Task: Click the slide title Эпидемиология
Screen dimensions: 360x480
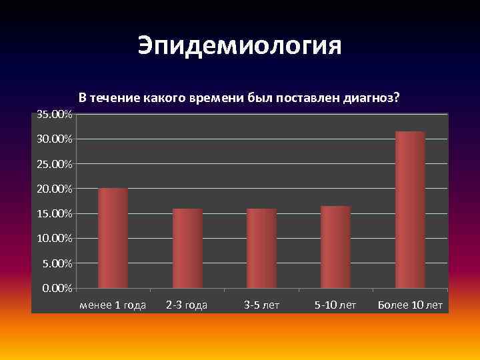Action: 240,45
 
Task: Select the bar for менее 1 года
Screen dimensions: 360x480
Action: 113,238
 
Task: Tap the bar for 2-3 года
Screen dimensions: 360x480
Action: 187,248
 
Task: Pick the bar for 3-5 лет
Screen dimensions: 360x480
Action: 261,248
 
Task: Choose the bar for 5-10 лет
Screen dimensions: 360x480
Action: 335,247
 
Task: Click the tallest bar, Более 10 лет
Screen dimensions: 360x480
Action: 410,209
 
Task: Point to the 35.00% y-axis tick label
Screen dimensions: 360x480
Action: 55,115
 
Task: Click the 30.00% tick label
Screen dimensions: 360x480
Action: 55,139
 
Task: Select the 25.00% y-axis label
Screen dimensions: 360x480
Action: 55,164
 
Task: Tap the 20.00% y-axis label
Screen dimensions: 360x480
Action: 55,189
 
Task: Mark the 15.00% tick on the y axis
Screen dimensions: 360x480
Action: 55,214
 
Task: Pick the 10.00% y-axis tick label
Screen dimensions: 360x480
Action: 55,239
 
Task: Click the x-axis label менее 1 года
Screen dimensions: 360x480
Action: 113,305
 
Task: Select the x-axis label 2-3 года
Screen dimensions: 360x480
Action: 187,305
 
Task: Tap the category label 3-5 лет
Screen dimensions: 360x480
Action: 261,305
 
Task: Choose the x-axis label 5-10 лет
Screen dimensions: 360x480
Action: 335,305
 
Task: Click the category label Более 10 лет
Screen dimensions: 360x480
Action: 410,305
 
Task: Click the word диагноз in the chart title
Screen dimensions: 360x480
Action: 371,97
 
